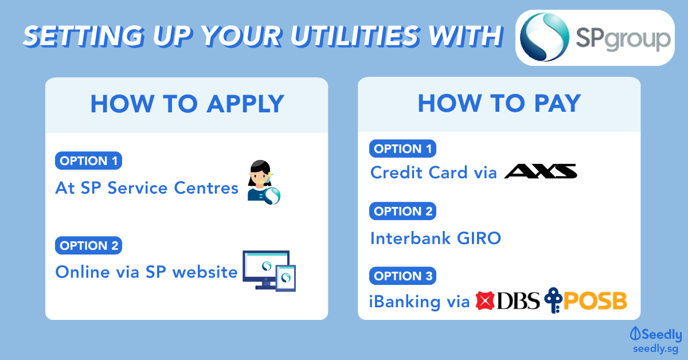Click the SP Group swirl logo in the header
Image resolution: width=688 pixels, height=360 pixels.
tap(544, 37)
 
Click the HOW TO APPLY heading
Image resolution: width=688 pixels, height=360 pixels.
tap(187, 104)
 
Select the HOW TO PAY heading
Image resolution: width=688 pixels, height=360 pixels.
tap(499, 103)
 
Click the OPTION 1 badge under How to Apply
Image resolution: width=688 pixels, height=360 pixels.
tap(88, 161)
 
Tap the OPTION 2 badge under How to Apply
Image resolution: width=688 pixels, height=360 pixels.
tap(88, 245)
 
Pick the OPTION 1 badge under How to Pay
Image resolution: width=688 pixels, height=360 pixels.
tap(402, 148)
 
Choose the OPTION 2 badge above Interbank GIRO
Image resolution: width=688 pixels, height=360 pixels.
tap(402, 211)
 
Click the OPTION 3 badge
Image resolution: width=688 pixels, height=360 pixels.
tap(402, 276)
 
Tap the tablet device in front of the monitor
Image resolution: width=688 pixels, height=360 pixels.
tap(286, 278)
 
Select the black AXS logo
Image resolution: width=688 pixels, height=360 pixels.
tap(541, 171)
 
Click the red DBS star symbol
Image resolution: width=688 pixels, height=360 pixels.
tap(484, 300)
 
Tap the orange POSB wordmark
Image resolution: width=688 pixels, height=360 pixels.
tap(595, 301)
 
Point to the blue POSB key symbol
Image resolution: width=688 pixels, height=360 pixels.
tap(553, 300)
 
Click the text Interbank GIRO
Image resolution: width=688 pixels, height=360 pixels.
tap(436, 238)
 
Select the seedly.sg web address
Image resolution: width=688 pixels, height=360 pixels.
tap(655, 349)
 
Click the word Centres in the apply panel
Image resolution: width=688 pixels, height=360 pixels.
tap(206, 187)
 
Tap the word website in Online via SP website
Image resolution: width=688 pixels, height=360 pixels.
tap(205, 272)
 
